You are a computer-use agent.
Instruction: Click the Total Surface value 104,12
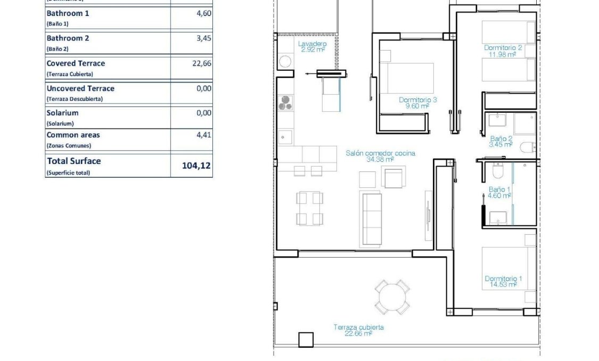click(196, 166)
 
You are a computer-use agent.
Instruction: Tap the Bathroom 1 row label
click(68, 13)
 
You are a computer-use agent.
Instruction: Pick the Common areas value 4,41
click(204, 135)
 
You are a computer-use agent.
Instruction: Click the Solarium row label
click(62, 113)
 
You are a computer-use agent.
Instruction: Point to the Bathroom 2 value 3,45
click(204, 38)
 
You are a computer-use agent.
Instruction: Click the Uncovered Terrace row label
click(80, 88)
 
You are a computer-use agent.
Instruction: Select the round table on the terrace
click(392, 296)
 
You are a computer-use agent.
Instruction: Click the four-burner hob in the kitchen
click(285, 102)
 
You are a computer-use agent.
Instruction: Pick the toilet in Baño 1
click(497, 170)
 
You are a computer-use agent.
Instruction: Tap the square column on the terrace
click(306, 339)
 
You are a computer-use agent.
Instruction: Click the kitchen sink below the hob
click(285, 137)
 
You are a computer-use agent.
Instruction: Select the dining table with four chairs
click(309, 208)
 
